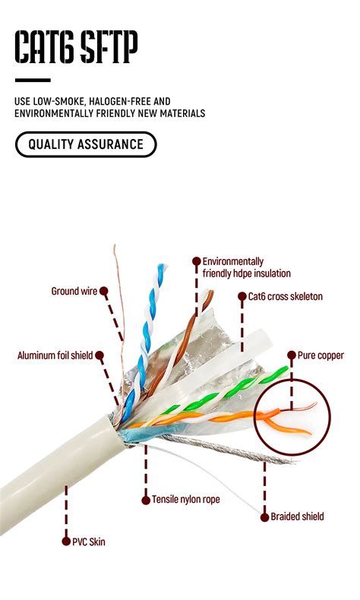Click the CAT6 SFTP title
76,47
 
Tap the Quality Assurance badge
85,144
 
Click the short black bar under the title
33,80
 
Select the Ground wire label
74,291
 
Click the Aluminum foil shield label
55,355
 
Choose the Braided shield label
298,516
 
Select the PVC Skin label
89,542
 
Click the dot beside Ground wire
103,291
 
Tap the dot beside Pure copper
291,355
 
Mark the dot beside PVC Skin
65,542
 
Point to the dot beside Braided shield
264,516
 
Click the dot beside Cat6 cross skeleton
242,296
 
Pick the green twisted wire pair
228,391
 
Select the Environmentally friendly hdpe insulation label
246,267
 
